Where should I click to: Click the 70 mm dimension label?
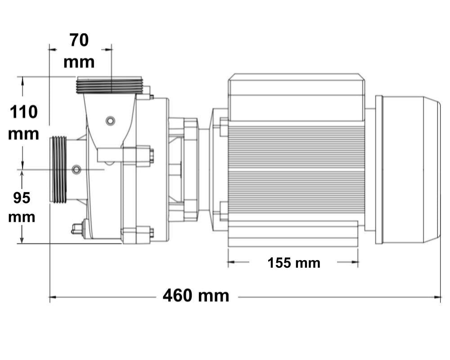click(x=79, y=51)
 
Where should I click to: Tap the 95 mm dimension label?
click(x=22, y=207)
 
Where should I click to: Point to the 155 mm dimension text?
click(x=294, y=263)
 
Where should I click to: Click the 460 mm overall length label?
click(x=196, y=296)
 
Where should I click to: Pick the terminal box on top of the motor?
click(x=296, y=97)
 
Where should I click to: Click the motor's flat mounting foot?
click(x=293, y=234)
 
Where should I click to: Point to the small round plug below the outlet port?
click(x=110, y=120)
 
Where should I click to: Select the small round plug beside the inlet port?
click(x=76, y=169)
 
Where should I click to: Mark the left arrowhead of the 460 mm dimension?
click(x=52, y=297)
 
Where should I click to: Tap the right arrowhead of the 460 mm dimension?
click(x=438, y=297)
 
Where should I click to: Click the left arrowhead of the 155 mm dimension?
click(x=230, y=262)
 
